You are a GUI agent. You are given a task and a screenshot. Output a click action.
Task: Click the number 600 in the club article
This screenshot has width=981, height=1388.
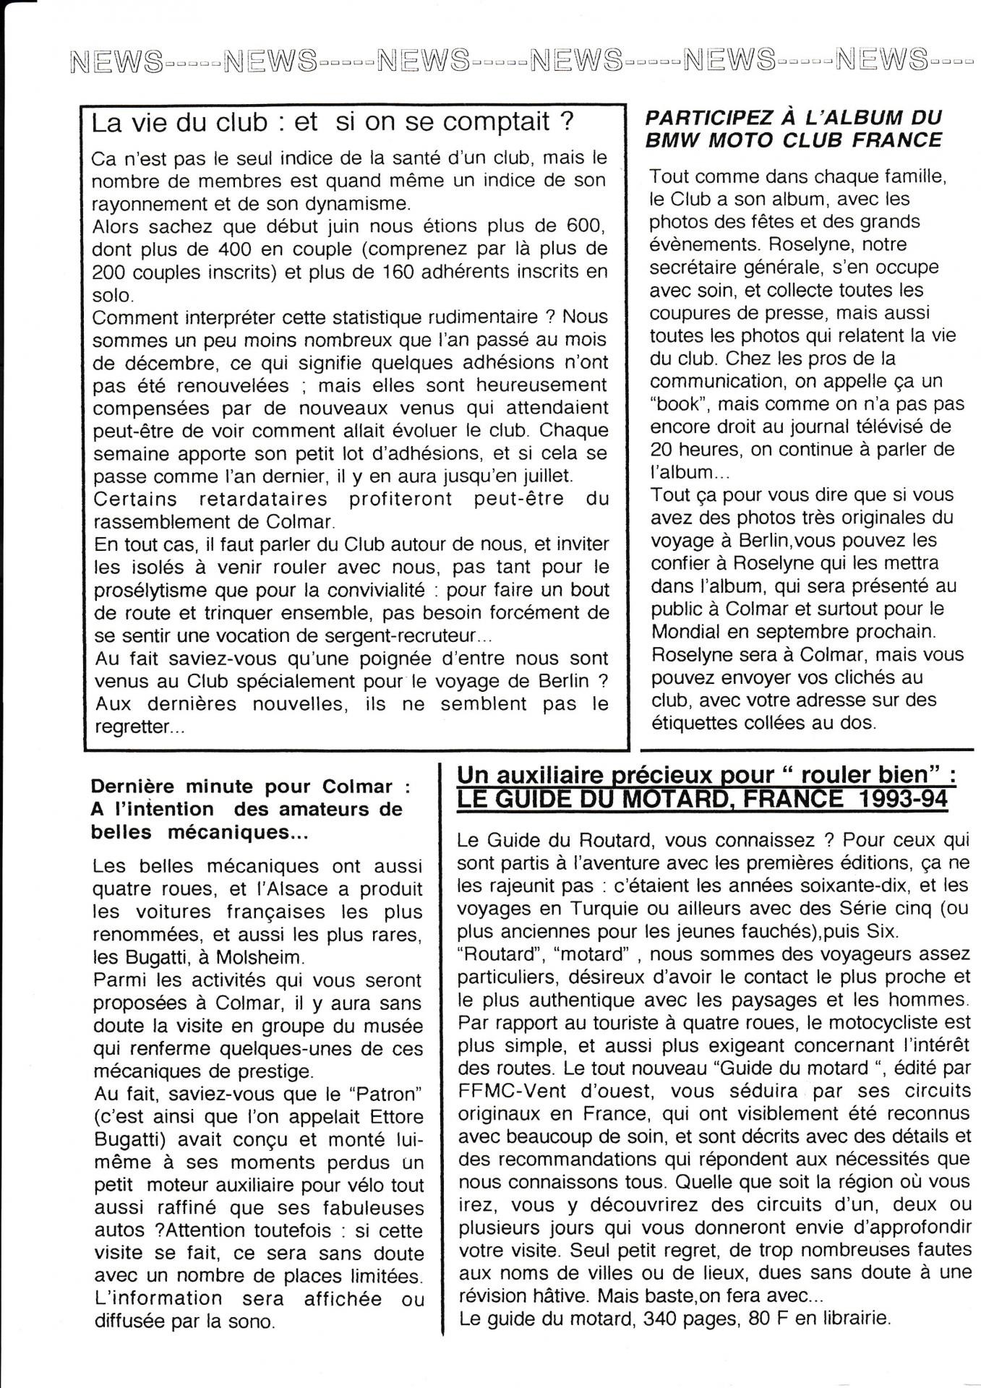583,226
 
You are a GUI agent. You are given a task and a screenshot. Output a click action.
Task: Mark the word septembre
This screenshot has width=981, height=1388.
789,631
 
